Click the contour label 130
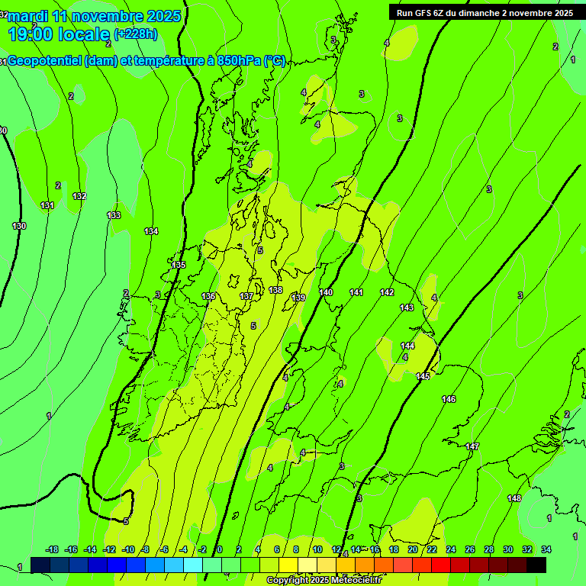pyautogui.click(x=19, y=226)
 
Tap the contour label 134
pyautogui.click(x=151, y=231)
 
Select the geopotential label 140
pyautogui.click(x=326, y=292)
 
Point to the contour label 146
pyautogui.click(x=449, y=399)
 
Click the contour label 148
pyautogui.click(x=515, y=498)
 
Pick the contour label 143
pyautogui.click(x=407, y=307)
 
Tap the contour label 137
pyautogui.click(x=246, y=296)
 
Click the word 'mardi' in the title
pyautogui.click(x=27, y=16)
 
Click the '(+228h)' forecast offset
pyautogui.click(x=136, y=34)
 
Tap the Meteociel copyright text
pyautogui.click(x=324, y=581)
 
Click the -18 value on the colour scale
pyautogui.click(x=53, y=549)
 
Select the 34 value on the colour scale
pyautogui.click(x=546, y=549)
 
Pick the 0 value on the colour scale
pyautogui.click(x=220, y=549)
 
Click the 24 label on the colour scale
pyautogui.click(x=451, y=549)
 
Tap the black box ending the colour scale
pyautogui.click(x=536, y=565)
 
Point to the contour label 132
pyautogui.click(x=79, y=196)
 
